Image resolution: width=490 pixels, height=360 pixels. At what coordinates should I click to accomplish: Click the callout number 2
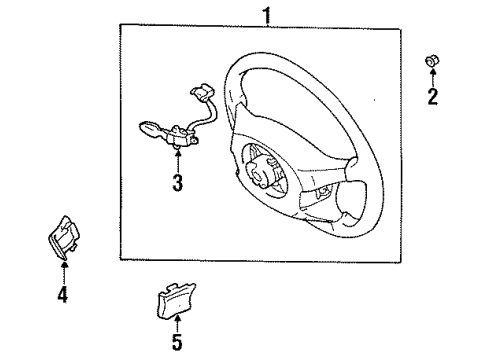[433, 97]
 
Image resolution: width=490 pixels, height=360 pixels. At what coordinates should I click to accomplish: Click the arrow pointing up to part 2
[432, 80]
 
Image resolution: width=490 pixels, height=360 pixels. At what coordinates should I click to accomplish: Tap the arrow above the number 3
[177, 160]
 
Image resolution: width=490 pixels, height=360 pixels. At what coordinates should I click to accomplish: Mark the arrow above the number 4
[62, 272]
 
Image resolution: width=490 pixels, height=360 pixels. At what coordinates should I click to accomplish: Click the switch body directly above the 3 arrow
[179, 132]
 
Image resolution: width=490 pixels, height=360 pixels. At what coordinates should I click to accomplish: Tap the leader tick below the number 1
[265, 26]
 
